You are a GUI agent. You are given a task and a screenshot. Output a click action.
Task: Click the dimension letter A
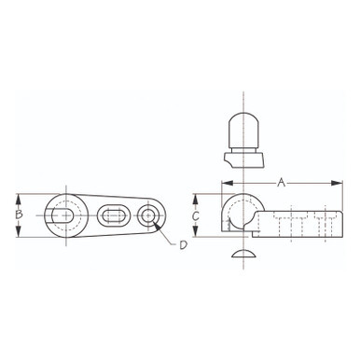[x=281, y=183]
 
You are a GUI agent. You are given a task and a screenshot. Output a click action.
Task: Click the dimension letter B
[x=19, y=215]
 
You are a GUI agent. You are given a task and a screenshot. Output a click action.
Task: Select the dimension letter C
[x=195, y=215]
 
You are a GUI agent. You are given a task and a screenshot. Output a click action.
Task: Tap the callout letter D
[x=184, y=245]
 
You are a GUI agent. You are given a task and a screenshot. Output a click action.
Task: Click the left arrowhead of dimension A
[x=228, y=183]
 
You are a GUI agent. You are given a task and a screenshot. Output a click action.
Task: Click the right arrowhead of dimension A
[x=337, y=183]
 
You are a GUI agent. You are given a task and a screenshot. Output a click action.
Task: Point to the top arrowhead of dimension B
[x=19, y=200]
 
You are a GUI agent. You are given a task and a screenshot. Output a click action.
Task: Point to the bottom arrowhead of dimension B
[x=19, y=231]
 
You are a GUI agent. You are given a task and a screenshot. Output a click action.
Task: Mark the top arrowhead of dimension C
[x=195, y=200]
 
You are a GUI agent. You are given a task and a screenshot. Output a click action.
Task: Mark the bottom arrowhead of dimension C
[x=195, y=231]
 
